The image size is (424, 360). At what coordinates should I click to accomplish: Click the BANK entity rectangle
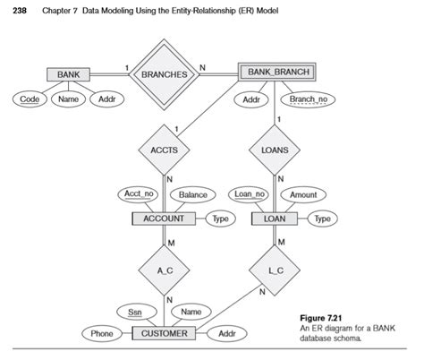point(68,74)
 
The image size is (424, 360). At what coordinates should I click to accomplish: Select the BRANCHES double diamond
point(164,74)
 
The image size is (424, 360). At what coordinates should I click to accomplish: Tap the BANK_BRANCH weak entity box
point(277,72)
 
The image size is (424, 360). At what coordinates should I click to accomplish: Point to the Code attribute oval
point(30,99)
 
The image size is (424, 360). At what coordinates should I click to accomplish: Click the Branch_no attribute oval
point(308,99)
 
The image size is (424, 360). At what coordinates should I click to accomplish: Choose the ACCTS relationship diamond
point(164,150)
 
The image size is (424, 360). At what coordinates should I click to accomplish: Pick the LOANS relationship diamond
point(275,150)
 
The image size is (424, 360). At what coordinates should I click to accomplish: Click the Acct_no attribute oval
point(138,194)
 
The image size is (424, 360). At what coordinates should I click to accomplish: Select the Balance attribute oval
point(193,195)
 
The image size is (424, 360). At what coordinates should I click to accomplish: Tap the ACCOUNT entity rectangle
point(164,219)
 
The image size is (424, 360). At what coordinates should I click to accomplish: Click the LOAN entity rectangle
point(275,219)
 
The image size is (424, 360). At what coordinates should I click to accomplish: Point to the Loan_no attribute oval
point(249,194)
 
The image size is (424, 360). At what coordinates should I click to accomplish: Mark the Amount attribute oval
point(303,195)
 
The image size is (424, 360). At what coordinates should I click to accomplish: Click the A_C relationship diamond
point(164,270)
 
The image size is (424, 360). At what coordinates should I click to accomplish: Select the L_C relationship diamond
point(275,270)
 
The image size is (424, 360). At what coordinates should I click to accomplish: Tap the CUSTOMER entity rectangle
point(164,333)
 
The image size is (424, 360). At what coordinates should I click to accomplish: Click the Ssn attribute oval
point(137,313)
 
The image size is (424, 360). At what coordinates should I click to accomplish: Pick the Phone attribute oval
point(102,333)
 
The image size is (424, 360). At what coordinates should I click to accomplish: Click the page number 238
point(20,11)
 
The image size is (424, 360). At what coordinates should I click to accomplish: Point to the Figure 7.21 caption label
point(320,318)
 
